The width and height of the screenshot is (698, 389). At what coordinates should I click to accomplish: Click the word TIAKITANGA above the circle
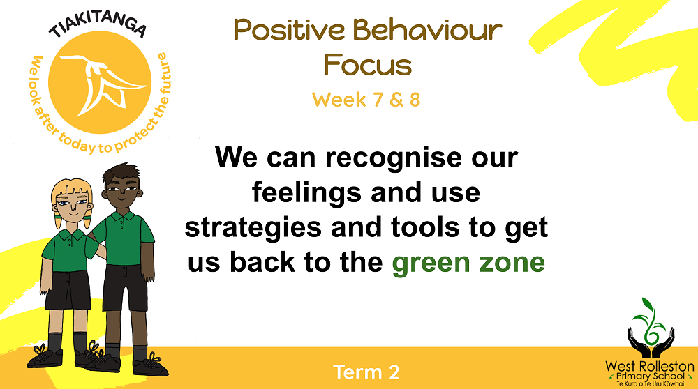98,26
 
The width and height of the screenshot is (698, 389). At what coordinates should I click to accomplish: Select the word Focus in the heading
368,64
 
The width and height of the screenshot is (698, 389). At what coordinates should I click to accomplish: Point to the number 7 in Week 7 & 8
378,100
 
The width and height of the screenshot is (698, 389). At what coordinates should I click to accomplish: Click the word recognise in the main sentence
394,158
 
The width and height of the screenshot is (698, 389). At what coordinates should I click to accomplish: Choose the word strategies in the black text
253,229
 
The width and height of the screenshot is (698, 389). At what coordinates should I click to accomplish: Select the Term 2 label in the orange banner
366,372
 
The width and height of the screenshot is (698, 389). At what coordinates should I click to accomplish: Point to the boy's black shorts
125,287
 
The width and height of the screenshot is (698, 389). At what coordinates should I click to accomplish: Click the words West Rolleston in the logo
649,366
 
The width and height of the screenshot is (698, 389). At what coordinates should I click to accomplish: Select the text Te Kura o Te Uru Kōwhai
650,383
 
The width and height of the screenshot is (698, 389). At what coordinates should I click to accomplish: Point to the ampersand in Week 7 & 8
396,100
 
